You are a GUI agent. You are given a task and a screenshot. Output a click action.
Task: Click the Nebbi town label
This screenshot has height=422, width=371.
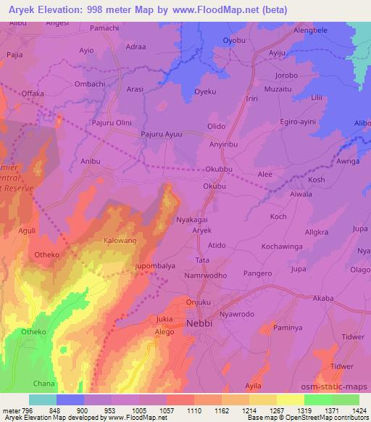click(199, 323)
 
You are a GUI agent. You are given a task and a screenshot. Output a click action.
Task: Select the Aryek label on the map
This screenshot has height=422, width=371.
click(201, 229)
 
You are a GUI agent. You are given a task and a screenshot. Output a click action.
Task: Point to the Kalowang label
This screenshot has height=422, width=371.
click(120, 239)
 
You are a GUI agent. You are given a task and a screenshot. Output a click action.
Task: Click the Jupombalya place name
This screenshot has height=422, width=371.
click(157, 266)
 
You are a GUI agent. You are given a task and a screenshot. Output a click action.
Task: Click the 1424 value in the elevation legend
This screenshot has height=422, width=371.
click(358, 410)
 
